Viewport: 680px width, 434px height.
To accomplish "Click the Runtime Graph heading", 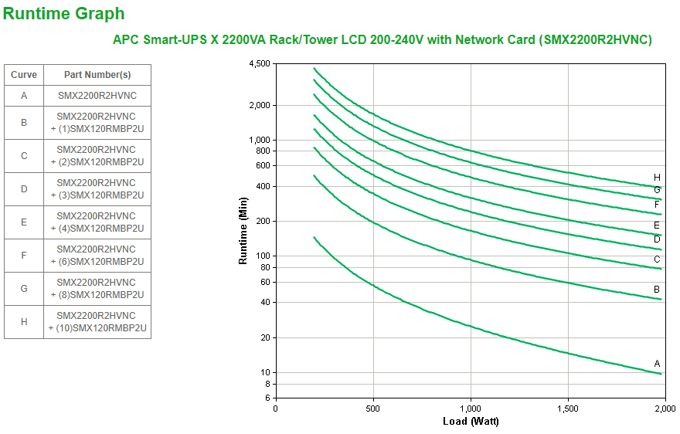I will click(x=64, y=13).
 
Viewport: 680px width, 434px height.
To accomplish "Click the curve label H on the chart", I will click(x=657, y=178).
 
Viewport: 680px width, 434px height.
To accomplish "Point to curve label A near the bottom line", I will click(x=657, y=363).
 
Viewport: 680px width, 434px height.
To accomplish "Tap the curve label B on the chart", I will click(x=657, y=290).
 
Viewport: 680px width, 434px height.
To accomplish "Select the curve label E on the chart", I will click(x=657, y=225).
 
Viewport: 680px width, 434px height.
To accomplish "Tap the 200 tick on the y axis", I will click(x=263, y=221).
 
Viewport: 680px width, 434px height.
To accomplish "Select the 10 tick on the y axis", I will click(x=265, y=372).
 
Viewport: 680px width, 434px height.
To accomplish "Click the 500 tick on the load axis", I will click(x=373, y=408).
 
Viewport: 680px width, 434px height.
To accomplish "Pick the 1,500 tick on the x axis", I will click(x=568, y=408).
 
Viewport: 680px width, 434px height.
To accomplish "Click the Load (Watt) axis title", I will click(x=471, y=421).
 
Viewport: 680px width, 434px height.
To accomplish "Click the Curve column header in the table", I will click(x=24, y=75).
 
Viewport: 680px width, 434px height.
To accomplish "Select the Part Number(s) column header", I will click(x=97, y=75).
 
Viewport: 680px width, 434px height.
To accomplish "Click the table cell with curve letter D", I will click(x=24, y=188).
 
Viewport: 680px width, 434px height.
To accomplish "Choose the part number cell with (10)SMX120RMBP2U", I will click(x=97, y=322).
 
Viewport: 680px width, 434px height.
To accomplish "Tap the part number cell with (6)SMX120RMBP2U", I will click(x=97, y=256).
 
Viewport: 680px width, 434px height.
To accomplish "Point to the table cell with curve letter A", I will click(x=24, y=96).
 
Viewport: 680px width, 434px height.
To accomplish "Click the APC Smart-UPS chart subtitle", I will click(x=382, y=39).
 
